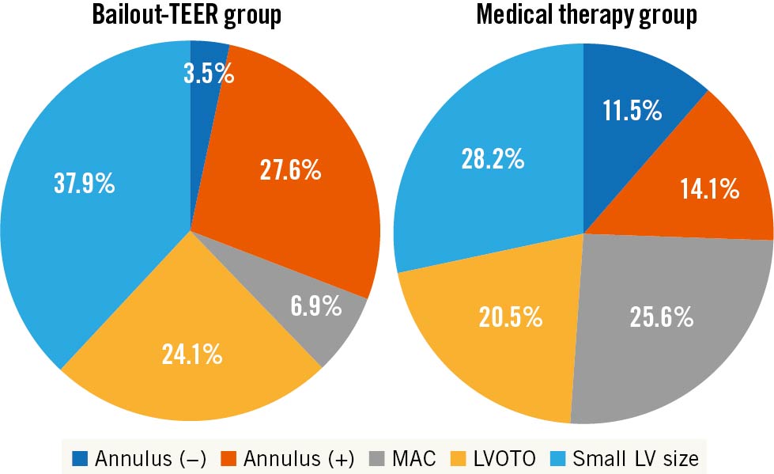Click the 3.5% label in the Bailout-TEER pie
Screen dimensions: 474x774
[x=210, y=74]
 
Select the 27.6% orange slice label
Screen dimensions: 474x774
[x=290, y=170]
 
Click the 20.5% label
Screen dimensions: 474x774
[x=510, y=318]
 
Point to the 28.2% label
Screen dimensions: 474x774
[x=493, y=159]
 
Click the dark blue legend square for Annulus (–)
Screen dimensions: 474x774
[x=81, y=457]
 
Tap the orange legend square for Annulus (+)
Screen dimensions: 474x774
[x=229, y=457]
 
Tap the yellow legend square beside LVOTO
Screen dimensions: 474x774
[x=459, y=457]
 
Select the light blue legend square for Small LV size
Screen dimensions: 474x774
[x=559, y=457]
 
